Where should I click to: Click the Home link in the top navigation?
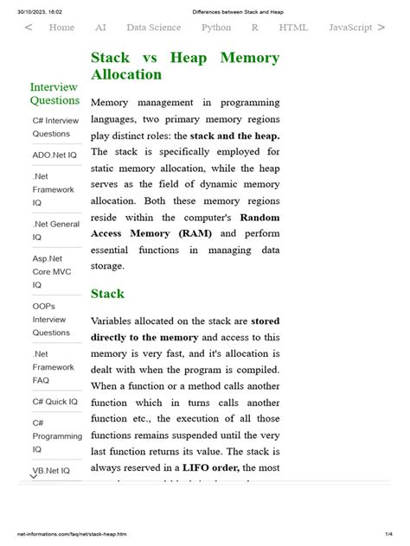pyautogui.click(x=61, y=28)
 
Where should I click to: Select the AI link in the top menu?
pyautogui.click(x=100, y=28)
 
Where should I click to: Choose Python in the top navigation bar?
pyautogui.click(x=216, y=28)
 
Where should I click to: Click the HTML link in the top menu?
pyautogui.click(x=293, y=28)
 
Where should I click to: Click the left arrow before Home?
pyautogui.click(x=29, y=28)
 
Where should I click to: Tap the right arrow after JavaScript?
pyautogui.click(x=381, y=28)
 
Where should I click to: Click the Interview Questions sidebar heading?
pyautogui.click(x=54, y=93)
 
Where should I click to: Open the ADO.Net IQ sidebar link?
pyautogui.click(x=54, y=155)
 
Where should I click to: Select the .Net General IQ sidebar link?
pyautogui.click(x=56, y=231)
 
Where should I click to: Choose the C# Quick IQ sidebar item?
pyautogui.click(x=55, y=402)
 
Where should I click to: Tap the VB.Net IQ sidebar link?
pyautogui.click(x=55, y=470)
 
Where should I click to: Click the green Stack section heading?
pyautogui.click(x=107, y=294)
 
